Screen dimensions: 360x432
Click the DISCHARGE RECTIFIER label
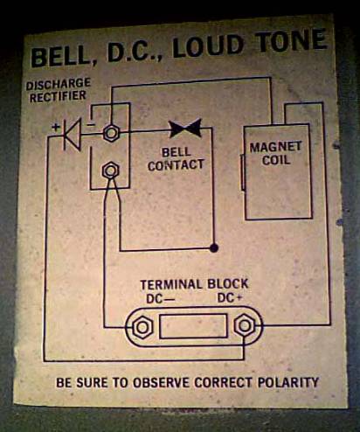pos(59,90)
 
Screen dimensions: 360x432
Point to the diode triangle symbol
pos(72,135)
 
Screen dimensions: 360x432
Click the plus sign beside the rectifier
pos(56,127)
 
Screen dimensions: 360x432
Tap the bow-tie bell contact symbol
pos(185,128)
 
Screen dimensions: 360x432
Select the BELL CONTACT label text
pos(176,159)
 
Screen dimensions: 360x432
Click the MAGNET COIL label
pos(275,153)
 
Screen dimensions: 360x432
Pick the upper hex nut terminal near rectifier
pos(111,133)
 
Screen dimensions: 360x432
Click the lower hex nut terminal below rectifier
pos(111,171)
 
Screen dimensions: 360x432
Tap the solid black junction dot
pos(214,248)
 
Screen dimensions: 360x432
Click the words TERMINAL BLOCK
pos(194,284)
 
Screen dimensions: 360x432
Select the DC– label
pos(160,299)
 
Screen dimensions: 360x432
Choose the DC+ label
pos(230,298)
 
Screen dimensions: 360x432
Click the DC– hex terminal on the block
pos(142,327)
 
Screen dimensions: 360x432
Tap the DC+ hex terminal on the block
pos(245,325)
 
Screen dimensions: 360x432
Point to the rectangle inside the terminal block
pos(194,326)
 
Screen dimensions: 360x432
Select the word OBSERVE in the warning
pos(162,383)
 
